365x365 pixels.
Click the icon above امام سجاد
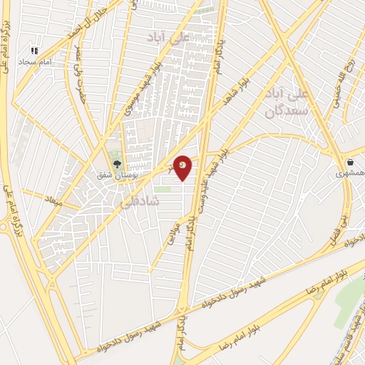click(x=34, y=51)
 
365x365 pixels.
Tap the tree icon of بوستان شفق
click(x=115, y=162)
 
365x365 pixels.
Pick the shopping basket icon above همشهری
click(x=351, y=162)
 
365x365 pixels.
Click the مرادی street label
click(x=172, y=233)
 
